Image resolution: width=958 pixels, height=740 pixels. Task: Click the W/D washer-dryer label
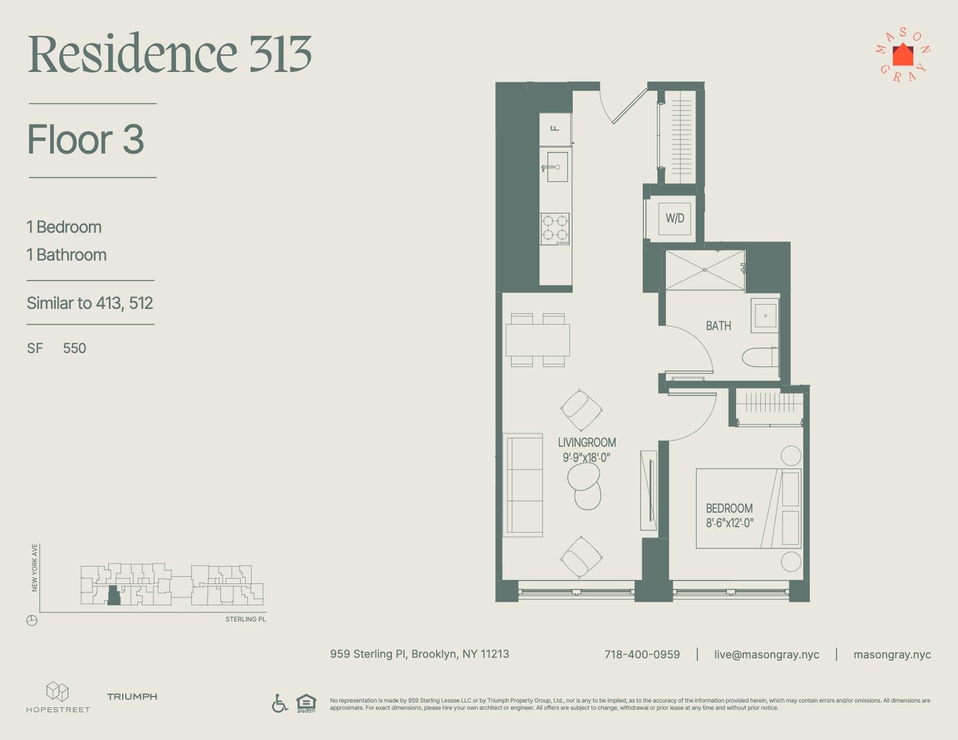[674, 218]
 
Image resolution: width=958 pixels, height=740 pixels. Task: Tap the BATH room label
[718, 326]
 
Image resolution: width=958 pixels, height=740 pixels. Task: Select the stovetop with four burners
[555, 229]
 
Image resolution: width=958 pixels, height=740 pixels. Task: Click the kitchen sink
[557, 167]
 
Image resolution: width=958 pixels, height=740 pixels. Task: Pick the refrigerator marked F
[555, 129]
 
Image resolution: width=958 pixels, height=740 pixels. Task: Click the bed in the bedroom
[748, 508]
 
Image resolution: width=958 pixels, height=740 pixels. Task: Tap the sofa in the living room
[523, 485]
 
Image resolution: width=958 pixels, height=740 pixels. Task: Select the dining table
[538, 340]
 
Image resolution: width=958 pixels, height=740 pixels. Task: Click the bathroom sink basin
[765, 316]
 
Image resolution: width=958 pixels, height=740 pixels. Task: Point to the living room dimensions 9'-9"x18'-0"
[586, 458]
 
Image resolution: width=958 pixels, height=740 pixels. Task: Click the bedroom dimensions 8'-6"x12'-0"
[729, 523]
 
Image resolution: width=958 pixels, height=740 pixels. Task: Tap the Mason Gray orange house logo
[903, 55]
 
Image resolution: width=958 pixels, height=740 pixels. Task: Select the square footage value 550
[74, 348]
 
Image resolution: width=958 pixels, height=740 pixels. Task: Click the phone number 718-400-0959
[642, 655]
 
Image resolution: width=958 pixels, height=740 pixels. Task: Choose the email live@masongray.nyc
[767, 655]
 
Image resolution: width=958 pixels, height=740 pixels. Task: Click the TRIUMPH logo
[132, 696]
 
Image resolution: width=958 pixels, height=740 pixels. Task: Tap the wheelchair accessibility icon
[279, 703]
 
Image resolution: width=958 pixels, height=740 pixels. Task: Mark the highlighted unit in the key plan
[114, 595]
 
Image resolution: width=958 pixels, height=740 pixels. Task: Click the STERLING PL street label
[246, 619]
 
